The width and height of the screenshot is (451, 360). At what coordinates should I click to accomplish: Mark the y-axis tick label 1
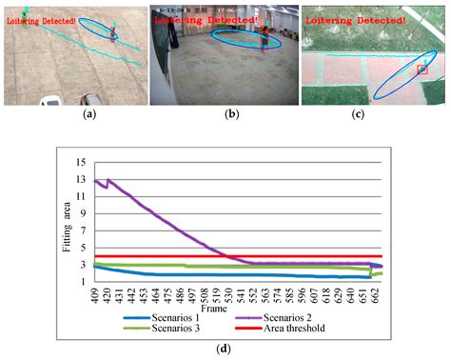84,282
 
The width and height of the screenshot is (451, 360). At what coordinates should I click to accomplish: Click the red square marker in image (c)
423,70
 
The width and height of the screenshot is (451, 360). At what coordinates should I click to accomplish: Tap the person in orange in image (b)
261,38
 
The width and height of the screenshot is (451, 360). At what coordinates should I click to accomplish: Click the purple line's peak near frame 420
108,179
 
